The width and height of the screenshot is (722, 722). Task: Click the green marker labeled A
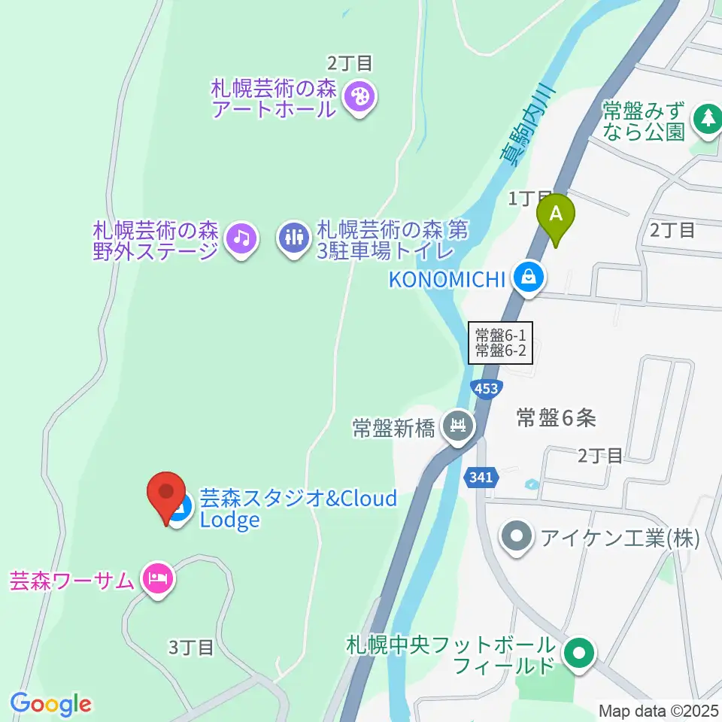tap(556, 214)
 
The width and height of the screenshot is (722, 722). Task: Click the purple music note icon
tap(241, 238)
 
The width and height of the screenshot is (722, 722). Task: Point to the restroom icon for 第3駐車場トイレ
tap(293, 238)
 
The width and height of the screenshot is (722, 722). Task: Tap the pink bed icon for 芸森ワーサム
tap(157, 578)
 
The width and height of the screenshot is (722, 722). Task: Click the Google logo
tap(51, 704)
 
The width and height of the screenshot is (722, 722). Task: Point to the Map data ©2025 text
tap(659, 710)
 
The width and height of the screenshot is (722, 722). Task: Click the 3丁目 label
tap(191, 647)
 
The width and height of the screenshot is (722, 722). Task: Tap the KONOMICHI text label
tap(445, 279)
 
